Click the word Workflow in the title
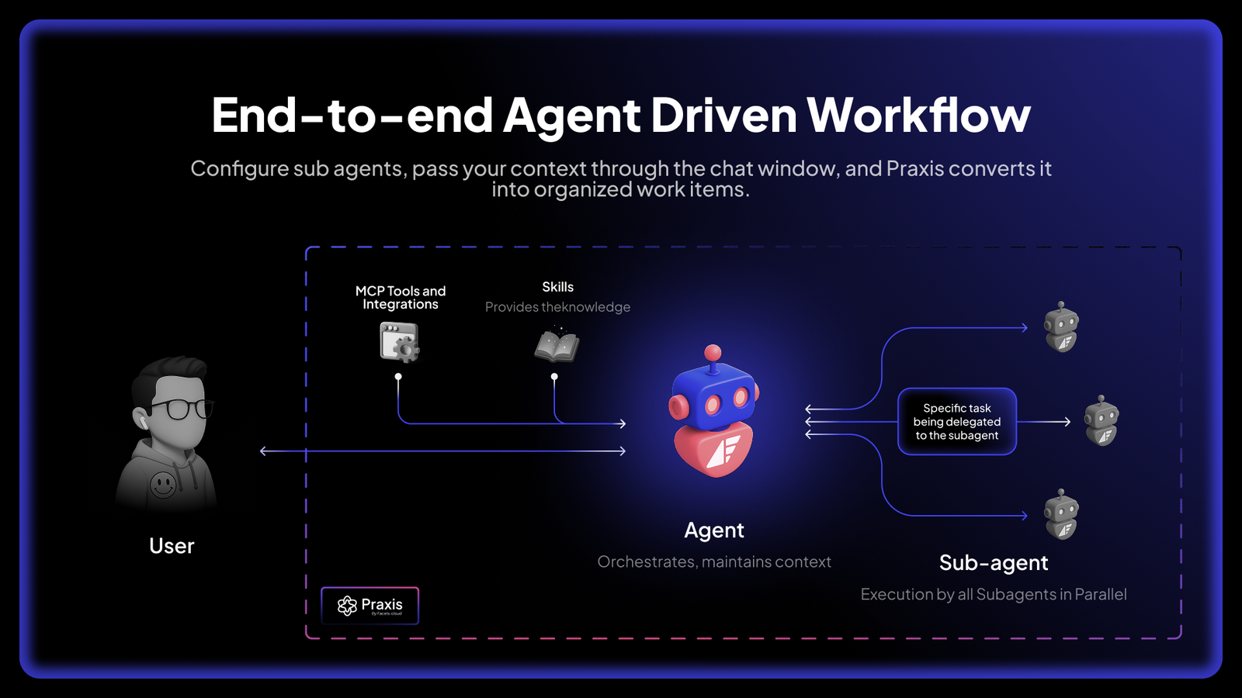[918, 116]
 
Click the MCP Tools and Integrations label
[401, 298]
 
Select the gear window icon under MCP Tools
[400, 342]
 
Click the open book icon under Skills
[557, 346]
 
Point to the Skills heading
[557, 287]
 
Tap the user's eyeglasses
[181, 409]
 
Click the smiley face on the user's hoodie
[163, 485]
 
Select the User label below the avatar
[172, 546]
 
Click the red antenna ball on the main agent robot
[713, 354]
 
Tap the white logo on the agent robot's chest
[723, 450]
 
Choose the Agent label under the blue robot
[713, 530]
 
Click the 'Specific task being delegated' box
[956, 422]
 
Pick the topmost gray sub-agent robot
[1061, 327]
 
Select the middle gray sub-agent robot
[1101, 421]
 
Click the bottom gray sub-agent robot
[1061, 514]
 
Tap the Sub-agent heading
[994, 563]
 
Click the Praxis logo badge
[370, 606]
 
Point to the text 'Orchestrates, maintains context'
[714, 562]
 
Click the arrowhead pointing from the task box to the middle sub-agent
[1067, 422]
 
